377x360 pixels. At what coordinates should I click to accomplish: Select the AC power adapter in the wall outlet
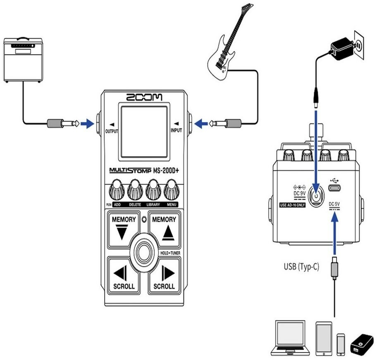pyautogui.click(x=343, y=45)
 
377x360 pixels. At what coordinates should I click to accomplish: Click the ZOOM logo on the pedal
pyautogui.click(x=144, y=97)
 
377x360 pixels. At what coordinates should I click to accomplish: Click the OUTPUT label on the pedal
pyautogui.click(x=112, y=131)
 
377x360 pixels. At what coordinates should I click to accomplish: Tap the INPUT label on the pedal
pyautogui.click(x=177, y=131)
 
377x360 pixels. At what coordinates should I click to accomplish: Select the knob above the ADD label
pyautogui.click(x=117, y=191)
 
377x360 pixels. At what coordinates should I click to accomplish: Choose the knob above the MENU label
pyautogui.click(x=171, y=191)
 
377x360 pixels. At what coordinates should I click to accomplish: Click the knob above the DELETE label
pyautogui.click(x=135, y=191)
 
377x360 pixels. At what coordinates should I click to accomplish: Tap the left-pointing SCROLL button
pyautogui.click(x=124, y=275)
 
